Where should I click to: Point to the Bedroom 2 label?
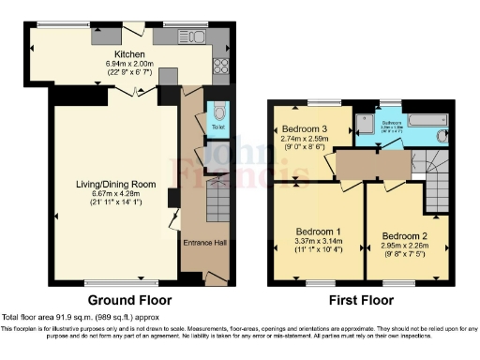[x=405, y=235]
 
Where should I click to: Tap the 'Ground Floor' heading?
[x=129, y=301]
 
